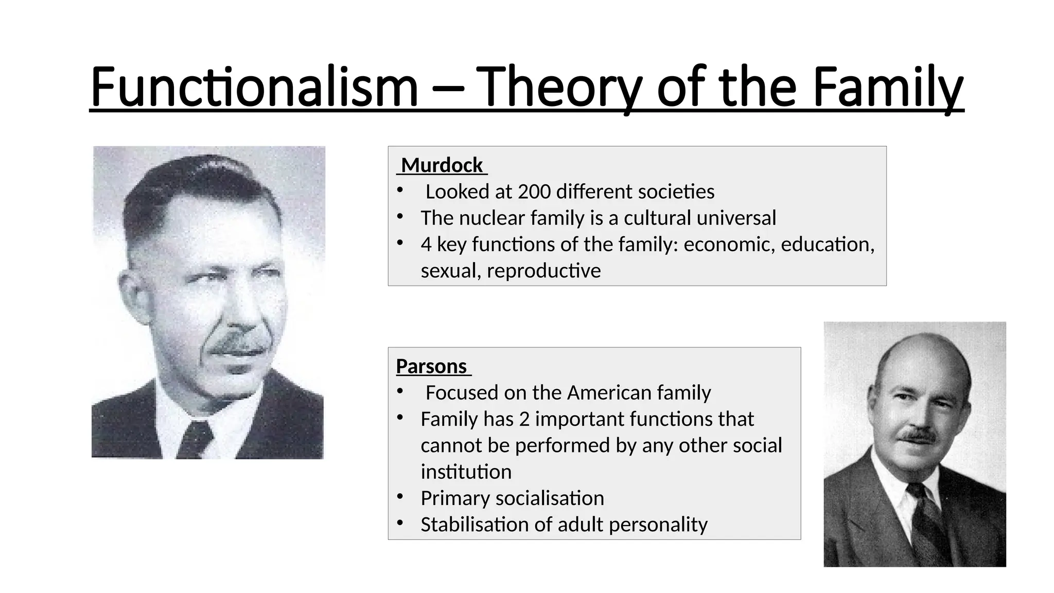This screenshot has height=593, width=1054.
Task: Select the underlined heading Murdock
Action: pos(442,165)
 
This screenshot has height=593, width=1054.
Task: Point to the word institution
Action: pos(466,472)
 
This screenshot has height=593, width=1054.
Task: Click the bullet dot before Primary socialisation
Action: pos(400,497)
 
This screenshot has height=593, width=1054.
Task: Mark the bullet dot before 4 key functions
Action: pos(400,243)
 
